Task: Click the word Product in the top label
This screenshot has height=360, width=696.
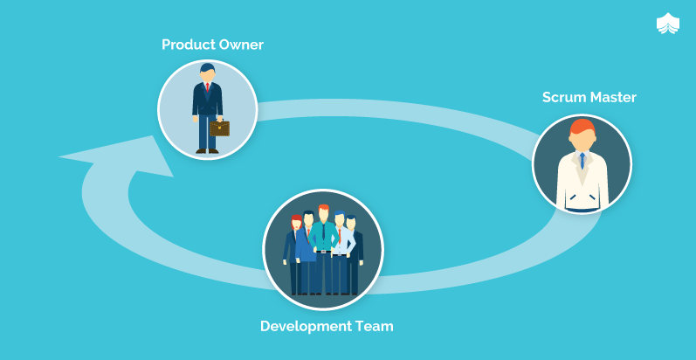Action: [x=189, y=45]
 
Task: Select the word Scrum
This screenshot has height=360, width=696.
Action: [x=562, y=97]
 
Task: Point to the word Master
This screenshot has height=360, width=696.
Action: [x=611, y=97]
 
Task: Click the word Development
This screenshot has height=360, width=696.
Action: [x=306, y=327]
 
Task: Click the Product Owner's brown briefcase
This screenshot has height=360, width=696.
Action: [x=220, y=128]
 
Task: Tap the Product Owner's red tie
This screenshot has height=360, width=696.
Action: [x=207, y=87]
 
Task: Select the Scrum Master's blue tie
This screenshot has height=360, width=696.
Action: [x=582, y=161]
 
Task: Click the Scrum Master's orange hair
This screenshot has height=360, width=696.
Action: [x=582, y=127]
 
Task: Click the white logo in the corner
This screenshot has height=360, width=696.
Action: [x=667, y=24]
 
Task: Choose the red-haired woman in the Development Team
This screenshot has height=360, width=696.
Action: [x=293, y=254]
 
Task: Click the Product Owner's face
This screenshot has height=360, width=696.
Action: [x=207, y=75]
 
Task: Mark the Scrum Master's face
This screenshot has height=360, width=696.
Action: [x=582, y=142]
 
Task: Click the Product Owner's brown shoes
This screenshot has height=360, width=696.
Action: [x=207, y=151]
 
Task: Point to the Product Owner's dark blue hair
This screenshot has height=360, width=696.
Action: [x=207, y=67]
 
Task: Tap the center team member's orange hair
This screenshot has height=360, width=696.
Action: [x=324, y=208]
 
